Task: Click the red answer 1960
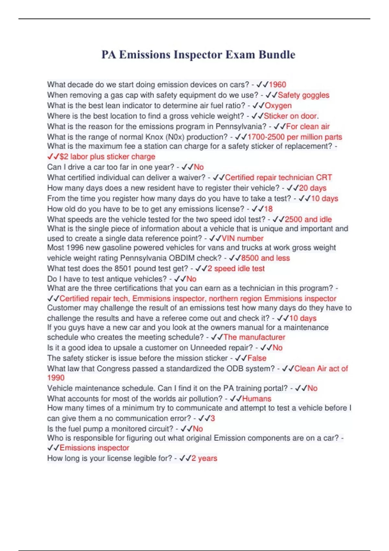277,85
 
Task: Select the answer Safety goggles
303,95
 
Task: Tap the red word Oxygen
278,106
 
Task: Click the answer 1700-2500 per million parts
295,137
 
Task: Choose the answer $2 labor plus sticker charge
107,157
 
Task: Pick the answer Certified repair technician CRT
278,178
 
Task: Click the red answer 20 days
312,188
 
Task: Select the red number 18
268,209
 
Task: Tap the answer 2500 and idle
308,219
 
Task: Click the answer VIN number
242,239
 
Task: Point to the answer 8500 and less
265,258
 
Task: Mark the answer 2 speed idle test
236,269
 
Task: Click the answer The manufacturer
254,337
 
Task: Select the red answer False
257,358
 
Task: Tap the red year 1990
56,378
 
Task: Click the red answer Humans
257,399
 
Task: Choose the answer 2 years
204,458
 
